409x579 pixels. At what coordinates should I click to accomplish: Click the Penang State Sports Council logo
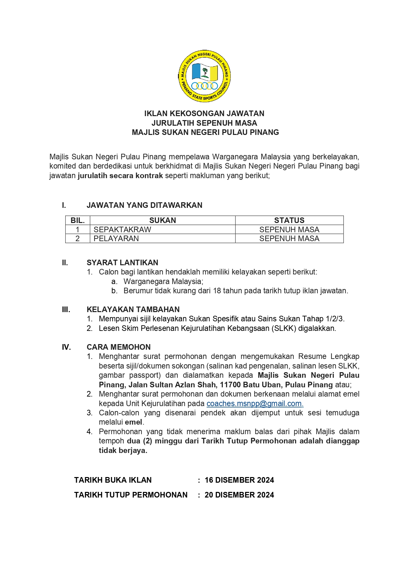pyautogui.click(x=204, y=76)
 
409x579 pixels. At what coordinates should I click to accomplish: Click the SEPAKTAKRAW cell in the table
pyautogui.click(x=122, y=230)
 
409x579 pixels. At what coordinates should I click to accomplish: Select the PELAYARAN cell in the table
pyautogui.click(x=116, y=239)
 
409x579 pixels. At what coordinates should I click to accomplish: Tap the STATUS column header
pyautogui.click(x=289, y=220)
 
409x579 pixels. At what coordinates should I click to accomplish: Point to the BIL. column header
pyautogui.click(x=78, y=220)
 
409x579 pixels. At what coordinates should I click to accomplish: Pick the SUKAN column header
pyautogui.click(x=162, y=220)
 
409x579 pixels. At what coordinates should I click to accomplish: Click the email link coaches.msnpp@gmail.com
pyautogui.click(x=254, y=403)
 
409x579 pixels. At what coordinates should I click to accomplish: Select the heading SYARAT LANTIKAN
pyautogui.click(x=122, y=263)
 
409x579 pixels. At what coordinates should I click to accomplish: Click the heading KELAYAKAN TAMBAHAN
pyautogui.click(x=133, y=309)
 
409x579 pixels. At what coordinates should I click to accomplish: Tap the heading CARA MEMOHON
pyautogui.click(x=118, y=347)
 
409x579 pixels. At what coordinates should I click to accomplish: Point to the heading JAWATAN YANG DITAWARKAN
pyautogui.click(x=144, y=205)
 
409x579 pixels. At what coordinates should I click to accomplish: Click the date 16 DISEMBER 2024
pyautogui.click(x=239, y=480)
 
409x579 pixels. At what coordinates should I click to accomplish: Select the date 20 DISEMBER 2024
pyautogui.click(x=239, y=495)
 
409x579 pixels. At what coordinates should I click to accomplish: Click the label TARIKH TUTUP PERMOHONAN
pyautogui.click(x=131, y=495)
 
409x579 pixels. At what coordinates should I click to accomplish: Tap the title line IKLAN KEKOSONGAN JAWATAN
pyautogui.click(x=204, y=113)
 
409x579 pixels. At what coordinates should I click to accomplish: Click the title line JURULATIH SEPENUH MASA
pyautogui.click(x=204, y=123)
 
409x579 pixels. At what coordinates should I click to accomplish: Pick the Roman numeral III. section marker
pyautogui.click(x=66, y=309)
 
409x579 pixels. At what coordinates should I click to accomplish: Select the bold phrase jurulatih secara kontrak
pyautogui.click(x=120, y=176)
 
